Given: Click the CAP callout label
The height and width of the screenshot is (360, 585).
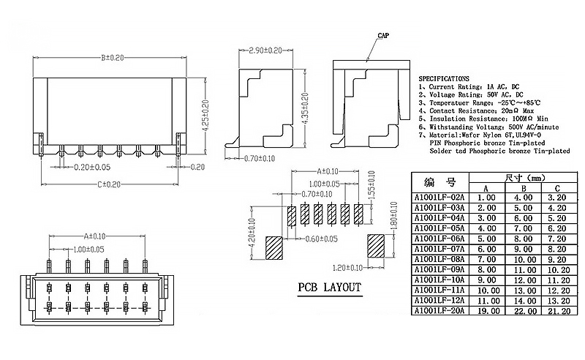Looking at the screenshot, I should (x=382, y=36).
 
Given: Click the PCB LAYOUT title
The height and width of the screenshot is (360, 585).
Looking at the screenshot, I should (x=329, y=287).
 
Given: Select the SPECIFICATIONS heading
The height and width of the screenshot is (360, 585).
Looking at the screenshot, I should (x=444, y=78).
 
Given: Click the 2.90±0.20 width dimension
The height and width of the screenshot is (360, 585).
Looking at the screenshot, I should (x=265, y=50).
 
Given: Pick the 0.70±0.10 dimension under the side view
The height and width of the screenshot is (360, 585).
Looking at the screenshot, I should (x=260, y=158).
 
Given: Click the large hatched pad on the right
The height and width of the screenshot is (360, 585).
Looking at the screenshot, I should (x=376, y=247).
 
